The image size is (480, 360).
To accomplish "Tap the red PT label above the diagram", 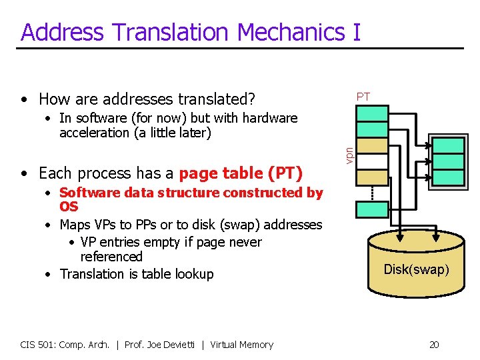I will (x=363, y=97).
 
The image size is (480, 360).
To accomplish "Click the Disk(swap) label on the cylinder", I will (x=416, y=269).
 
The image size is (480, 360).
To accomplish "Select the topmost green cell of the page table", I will (x=372, y=113).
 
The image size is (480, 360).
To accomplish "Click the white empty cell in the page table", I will (x=372, y=161).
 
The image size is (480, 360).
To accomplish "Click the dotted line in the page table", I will (x=372, y=192).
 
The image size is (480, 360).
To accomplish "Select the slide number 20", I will (x=434, y=345).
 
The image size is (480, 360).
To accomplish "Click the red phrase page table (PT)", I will (x=241, y=173).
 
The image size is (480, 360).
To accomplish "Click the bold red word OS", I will (x=69, y=207).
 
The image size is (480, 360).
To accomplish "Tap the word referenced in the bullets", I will (x=111, y=257).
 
